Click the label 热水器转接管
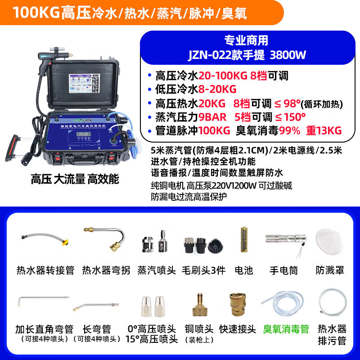(45, 270)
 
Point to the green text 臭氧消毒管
(286, 329)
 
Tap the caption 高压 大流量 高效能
(75, 179)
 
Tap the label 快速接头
(238, 329)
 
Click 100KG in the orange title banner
(37, 13)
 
